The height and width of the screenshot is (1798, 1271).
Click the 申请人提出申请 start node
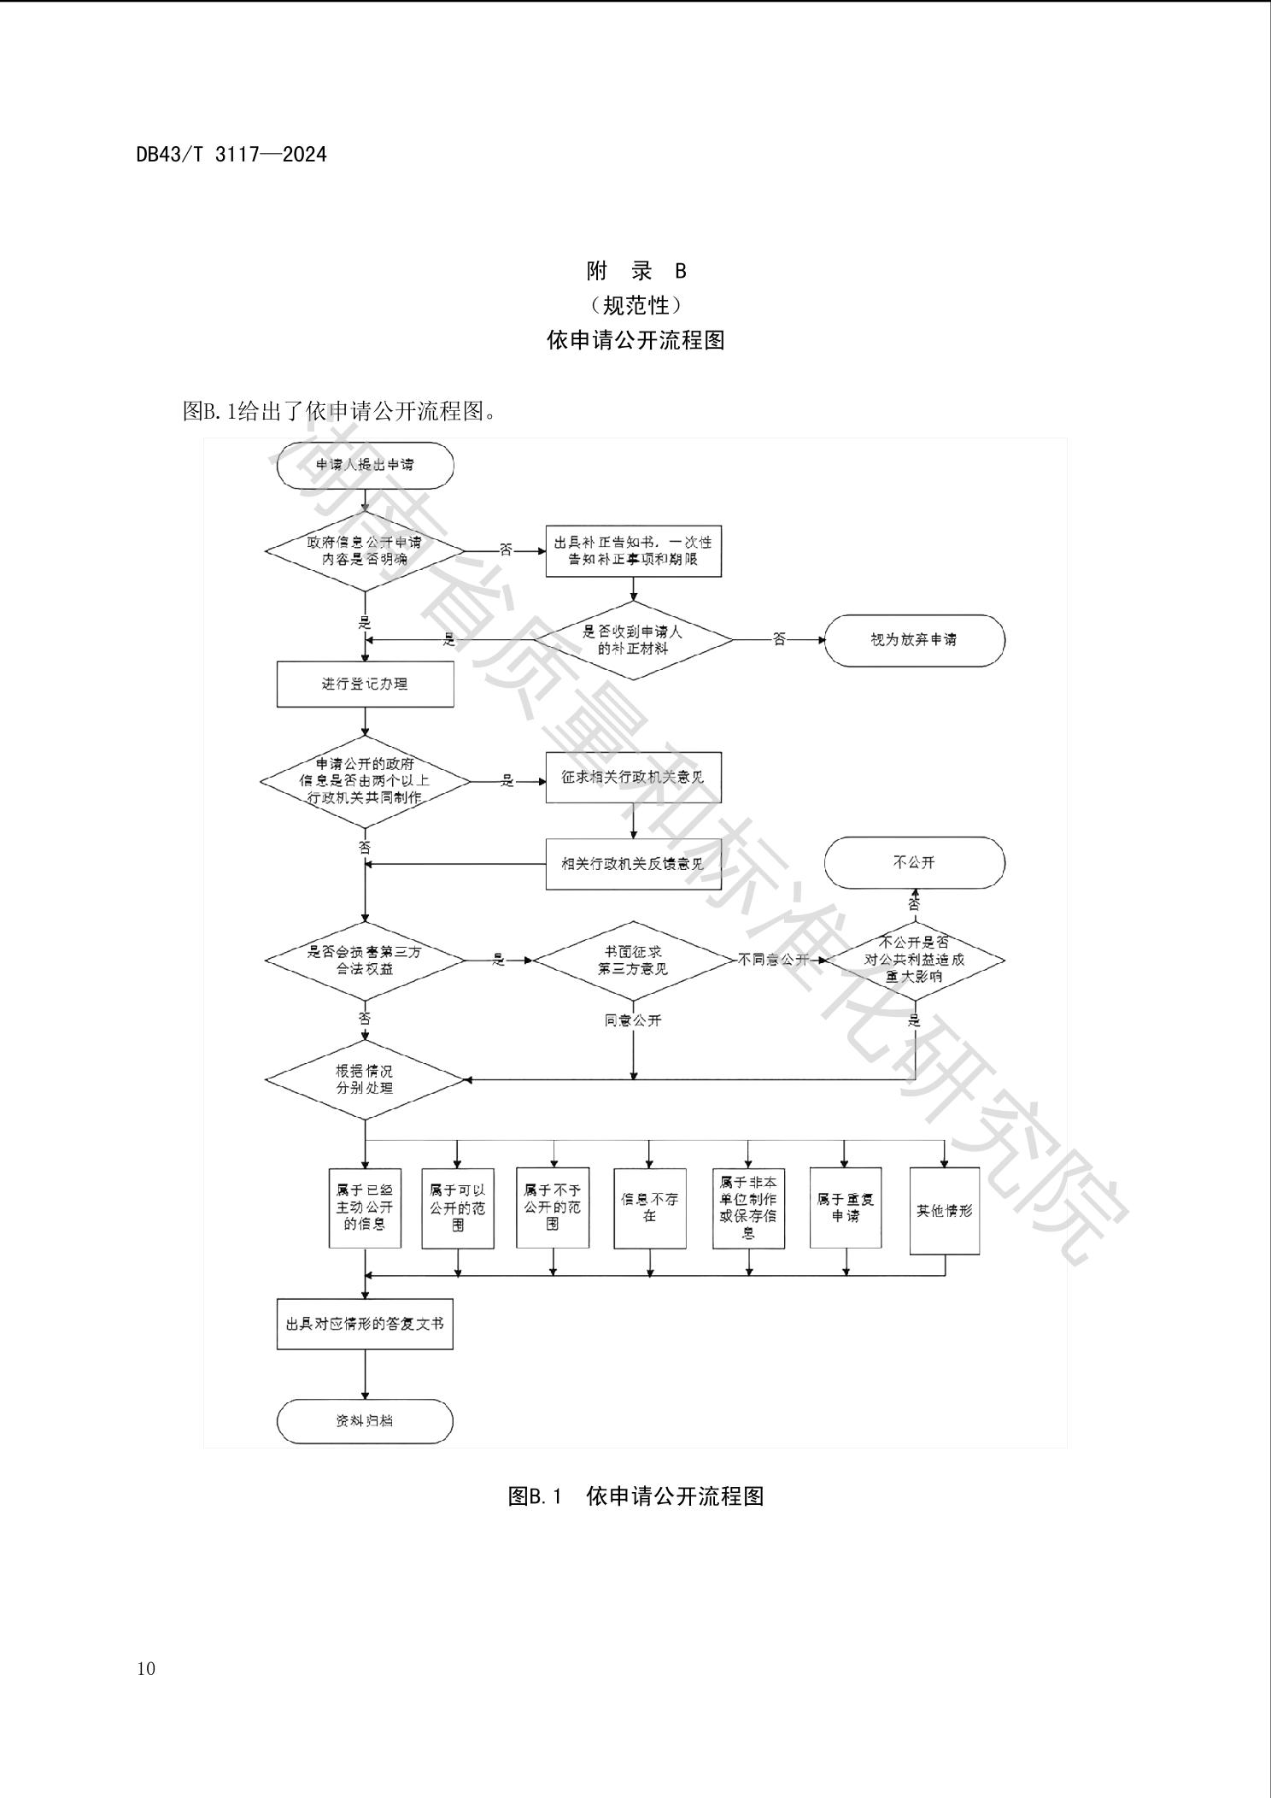[365, 466]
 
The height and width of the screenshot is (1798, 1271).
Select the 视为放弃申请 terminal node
[914, 640]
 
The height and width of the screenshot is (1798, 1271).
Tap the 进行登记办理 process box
[365, 685]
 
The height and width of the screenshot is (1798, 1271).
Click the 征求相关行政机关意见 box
[633, 778]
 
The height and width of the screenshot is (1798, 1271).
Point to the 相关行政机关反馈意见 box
[633, 864]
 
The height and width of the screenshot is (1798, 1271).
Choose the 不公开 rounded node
[914, 863]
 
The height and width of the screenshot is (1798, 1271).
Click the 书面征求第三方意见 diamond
[633, 961]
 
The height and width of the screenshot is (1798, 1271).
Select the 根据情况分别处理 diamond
[365, 1080]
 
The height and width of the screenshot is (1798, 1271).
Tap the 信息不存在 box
[649, 1207]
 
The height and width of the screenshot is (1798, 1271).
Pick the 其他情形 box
[944, 1211]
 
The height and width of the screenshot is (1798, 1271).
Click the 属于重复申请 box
[846, 1207]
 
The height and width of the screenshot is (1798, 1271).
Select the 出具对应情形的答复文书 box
[365, 1324]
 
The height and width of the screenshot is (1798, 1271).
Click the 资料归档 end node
[365, 1421]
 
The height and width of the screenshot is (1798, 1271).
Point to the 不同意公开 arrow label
[774, 960]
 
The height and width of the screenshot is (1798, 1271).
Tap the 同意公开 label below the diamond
[633, 1020]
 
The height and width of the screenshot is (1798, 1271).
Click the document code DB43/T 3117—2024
[231, 155]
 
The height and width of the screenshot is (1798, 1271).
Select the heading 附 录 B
[636, 272]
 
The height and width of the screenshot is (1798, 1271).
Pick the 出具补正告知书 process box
[633, 551]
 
